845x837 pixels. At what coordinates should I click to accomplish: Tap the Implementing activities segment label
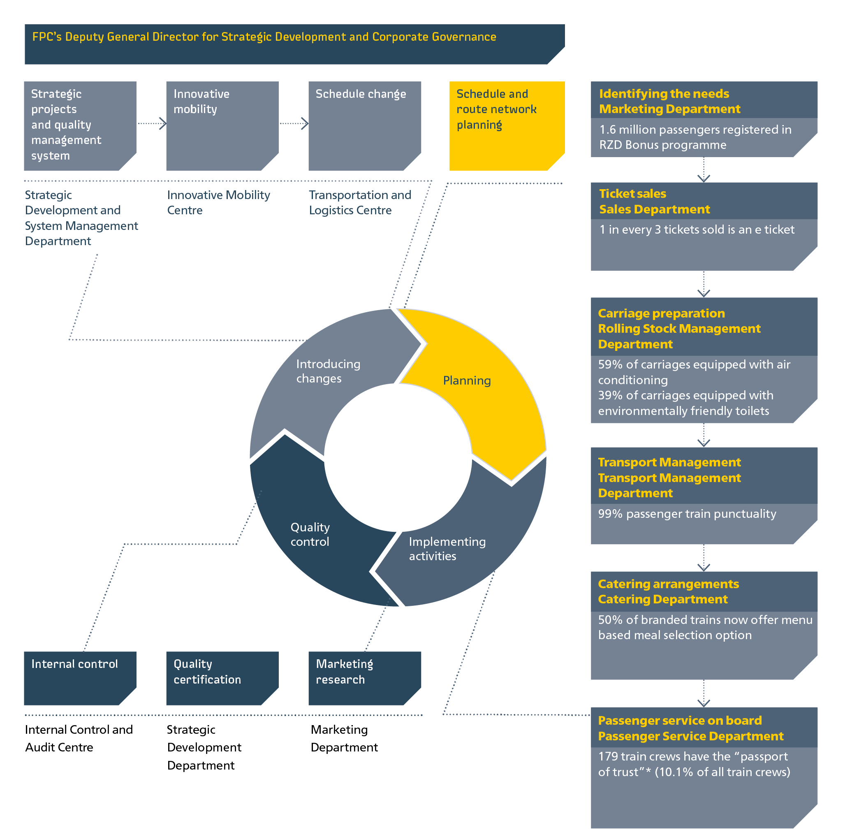[x=447, y=549]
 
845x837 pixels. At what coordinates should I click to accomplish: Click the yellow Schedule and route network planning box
[x=507, y=125]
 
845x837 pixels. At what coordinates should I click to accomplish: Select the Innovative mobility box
[x=222, y=125]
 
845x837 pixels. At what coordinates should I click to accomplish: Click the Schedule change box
[x=364, y=125]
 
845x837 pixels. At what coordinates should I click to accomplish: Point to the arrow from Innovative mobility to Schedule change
[x=295, y=123]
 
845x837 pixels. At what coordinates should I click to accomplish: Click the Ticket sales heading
[x=632, y=194]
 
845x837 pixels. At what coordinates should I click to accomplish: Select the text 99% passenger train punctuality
[x=687, y=514]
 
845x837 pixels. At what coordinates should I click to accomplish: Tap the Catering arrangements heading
[x=668, y=584]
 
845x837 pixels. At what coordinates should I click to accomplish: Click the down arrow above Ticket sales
[x=703, y=175]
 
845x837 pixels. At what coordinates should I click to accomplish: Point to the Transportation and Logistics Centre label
[x=359, y=203]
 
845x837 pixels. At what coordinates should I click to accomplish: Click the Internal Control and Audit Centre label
[x=79, y=738]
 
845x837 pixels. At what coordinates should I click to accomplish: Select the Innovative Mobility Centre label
[x=218, y=203]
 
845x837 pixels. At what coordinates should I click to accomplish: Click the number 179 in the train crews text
[x=607, y=756]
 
